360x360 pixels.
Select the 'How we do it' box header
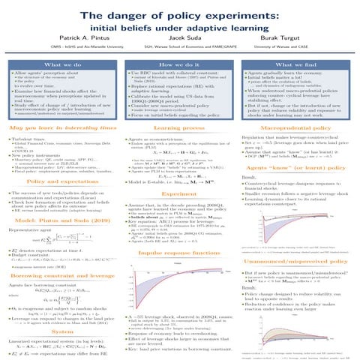[180, 66]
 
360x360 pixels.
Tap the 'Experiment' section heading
[180, 172]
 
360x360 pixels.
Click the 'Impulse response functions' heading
[180, 233]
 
